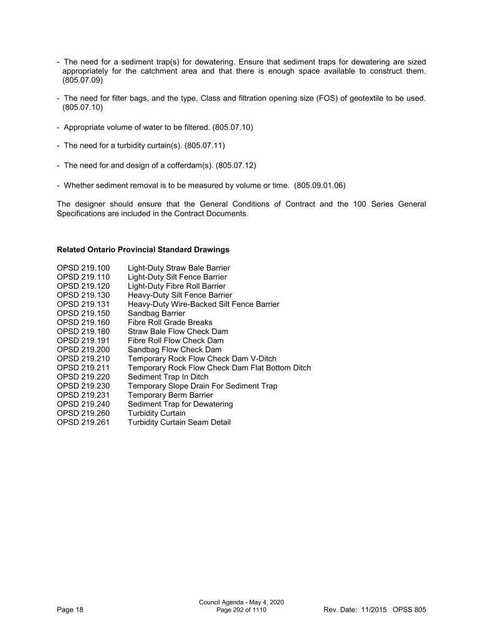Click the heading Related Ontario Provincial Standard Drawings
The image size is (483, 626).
[x=143, y=249]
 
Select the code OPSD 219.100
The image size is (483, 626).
[x=83, y=268]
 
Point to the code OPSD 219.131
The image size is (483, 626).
[x=83, y=304]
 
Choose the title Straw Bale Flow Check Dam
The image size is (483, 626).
[x=178, y=332]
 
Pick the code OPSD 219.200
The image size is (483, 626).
[x=83, y=350]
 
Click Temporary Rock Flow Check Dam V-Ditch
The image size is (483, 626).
[x=202, y=359]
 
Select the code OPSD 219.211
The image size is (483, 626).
[x=83, y=368]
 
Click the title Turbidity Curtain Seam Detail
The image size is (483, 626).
[x=179, y=422]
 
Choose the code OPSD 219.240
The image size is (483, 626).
[x=83, y=404]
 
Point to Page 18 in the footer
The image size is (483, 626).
[x=69, y=609]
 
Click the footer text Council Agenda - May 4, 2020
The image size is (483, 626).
[x=241, y=602]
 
